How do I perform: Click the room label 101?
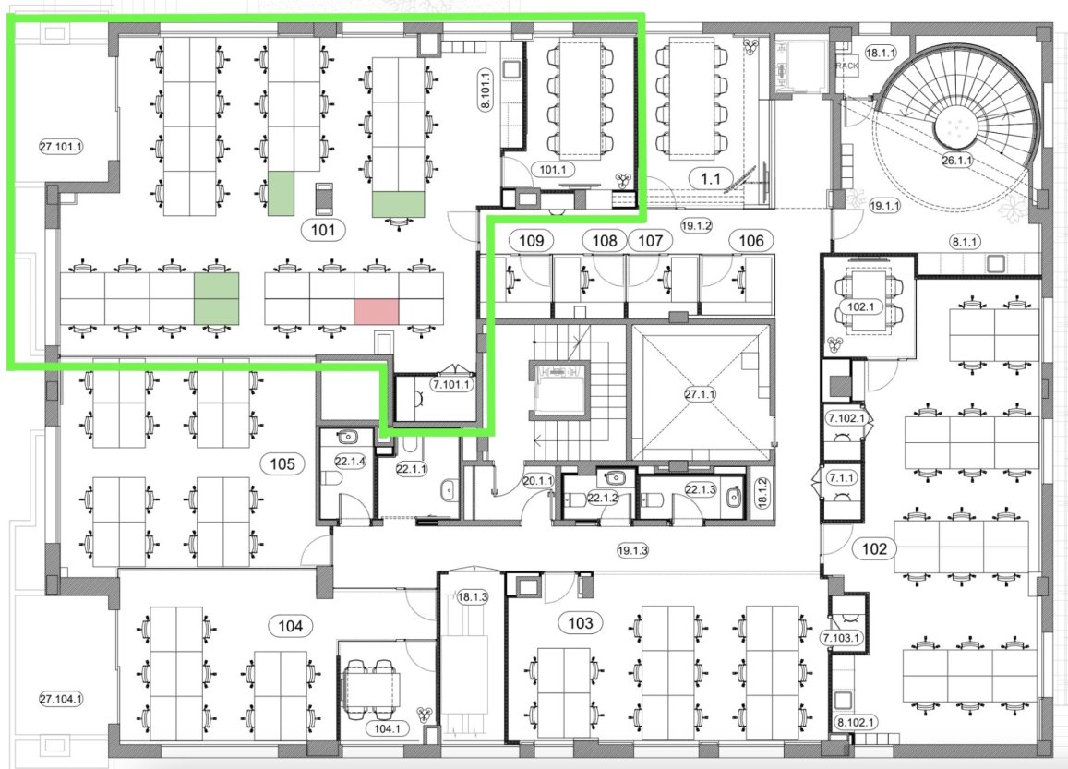pos(323,230)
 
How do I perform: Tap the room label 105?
pos(282,463)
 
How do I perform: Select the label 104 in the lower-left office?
pos(291,625)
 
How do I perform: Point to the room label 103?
pos(581,622)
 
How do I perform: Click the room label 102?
pos(874,548)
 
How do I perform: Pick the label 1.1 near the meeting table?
pos(711,179)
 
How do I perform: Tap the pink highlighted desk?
pos(376,311)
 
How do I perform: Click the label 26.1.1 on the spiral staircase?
pos(957,161)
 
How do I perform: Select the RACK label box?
pos(846,66)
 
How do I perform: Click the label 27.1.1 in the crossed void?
pos(701,393)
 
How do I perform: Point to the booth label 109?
pos(532,240)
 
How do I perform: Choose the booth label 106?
pos(751,240)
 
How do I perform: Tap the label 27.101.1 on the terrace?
pos(61,146)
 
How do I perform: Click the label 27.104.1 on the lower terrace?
pos(61,699)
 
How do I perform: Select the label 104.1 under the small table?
pos(387,728)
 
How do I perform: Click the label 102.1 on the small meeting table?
pos(860,306)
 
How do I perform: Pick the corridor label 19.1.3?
pos(632,550)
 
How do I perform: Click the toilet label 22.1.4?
pos(351,462)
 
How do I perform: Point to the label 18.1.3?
pos(472,597)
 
